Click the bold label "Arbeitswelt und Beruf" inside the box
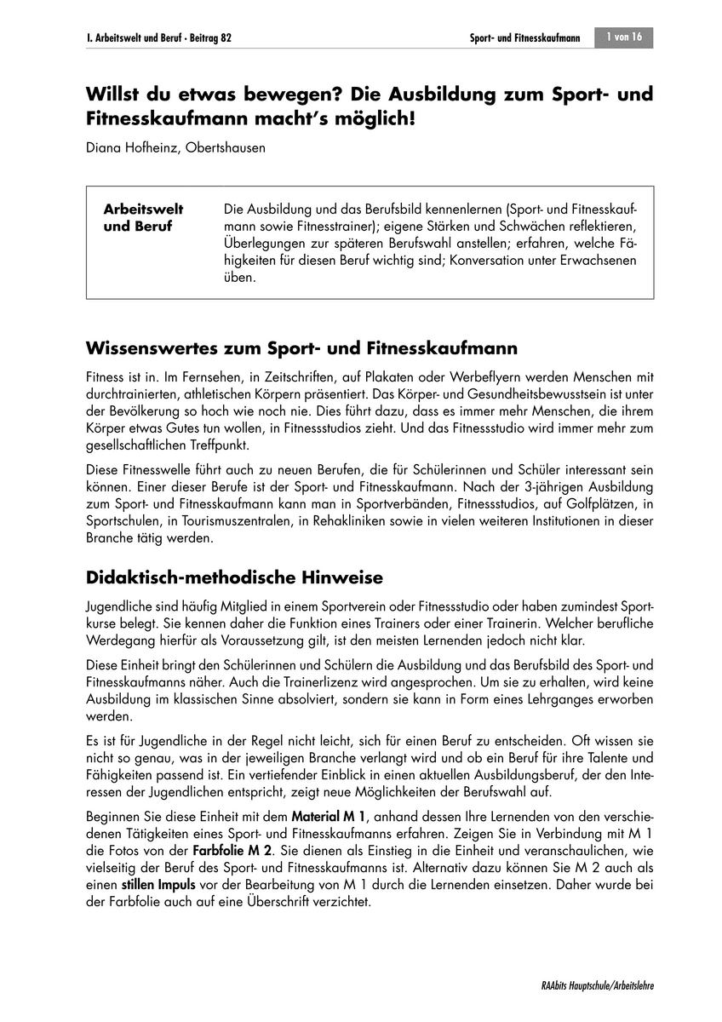tap(143, 218)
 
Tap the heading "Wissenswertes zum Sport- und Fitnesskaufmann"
tap(302, 349)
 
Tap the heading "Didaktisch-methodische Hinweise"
tap(235, 578)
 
